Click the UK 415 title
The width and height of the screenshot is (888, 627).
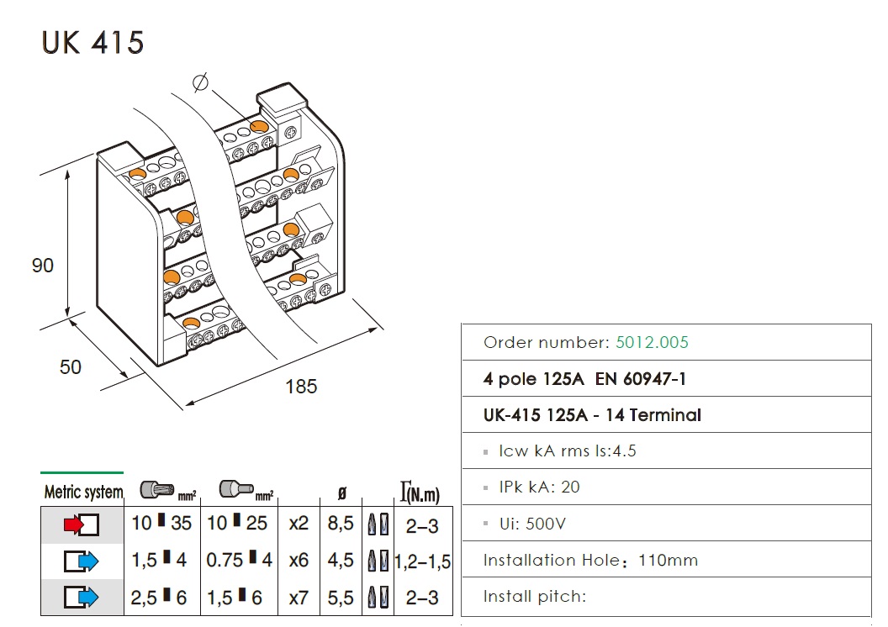[92, 42]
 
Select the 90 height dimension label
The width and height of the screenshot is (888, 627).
[42, 266]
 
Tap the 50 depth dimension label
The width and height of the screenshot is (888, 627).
[71, 367]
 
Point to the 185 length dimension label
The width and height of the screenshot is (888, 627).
[301, 387]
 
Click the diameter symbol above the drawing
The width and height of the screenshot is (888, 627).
[200, 82]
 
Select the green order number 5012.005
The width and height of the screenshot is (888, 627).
[652, 342]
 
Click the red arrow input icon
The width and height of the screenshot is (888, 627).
[82, 525]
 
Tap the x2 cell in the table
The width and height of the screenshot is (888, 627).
[299, 524]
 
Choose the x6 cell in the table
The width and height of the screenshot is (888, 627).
[299, 561]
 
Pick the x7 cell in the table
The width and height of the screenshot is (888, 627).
[299, 598]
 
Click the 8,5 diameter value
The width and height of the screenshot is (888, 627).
[340, 524]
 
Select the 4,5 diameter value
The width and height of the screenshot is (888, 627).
[340, 561]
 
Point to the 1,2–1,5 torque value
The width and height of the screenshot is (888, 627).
[423, 561]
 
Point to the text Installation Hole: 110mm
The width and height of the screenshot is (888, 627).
[590, 560]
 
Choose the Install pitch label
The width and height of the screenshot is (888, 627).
[534, 597]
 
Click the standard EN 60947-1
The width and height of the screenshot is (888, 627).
[641, 379]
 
